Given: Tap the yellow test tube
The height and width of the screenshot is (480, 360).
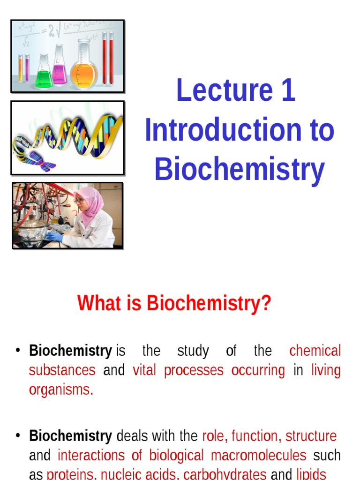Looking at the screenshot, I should click(x=20, y=68).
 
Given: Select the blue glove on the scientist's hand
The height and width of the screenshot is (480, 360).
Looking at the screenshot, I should click(x=54, y=236).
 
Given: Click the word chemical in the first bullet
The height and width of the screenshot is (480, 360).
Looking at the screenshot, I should click(x=315, y=351).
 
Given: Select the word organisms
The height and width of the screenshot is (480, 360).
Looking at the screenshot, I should click(x=61, y=390).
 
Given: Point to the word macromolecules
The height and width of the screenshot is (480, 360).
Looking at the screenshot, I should click(x=258, y=455).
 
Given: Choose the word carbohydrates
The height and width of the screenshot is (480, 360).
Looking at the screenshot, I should click(x=225, y=474).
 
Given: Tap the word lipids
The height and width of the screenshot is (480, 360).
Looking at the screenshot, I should click(x=311, y=474).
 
